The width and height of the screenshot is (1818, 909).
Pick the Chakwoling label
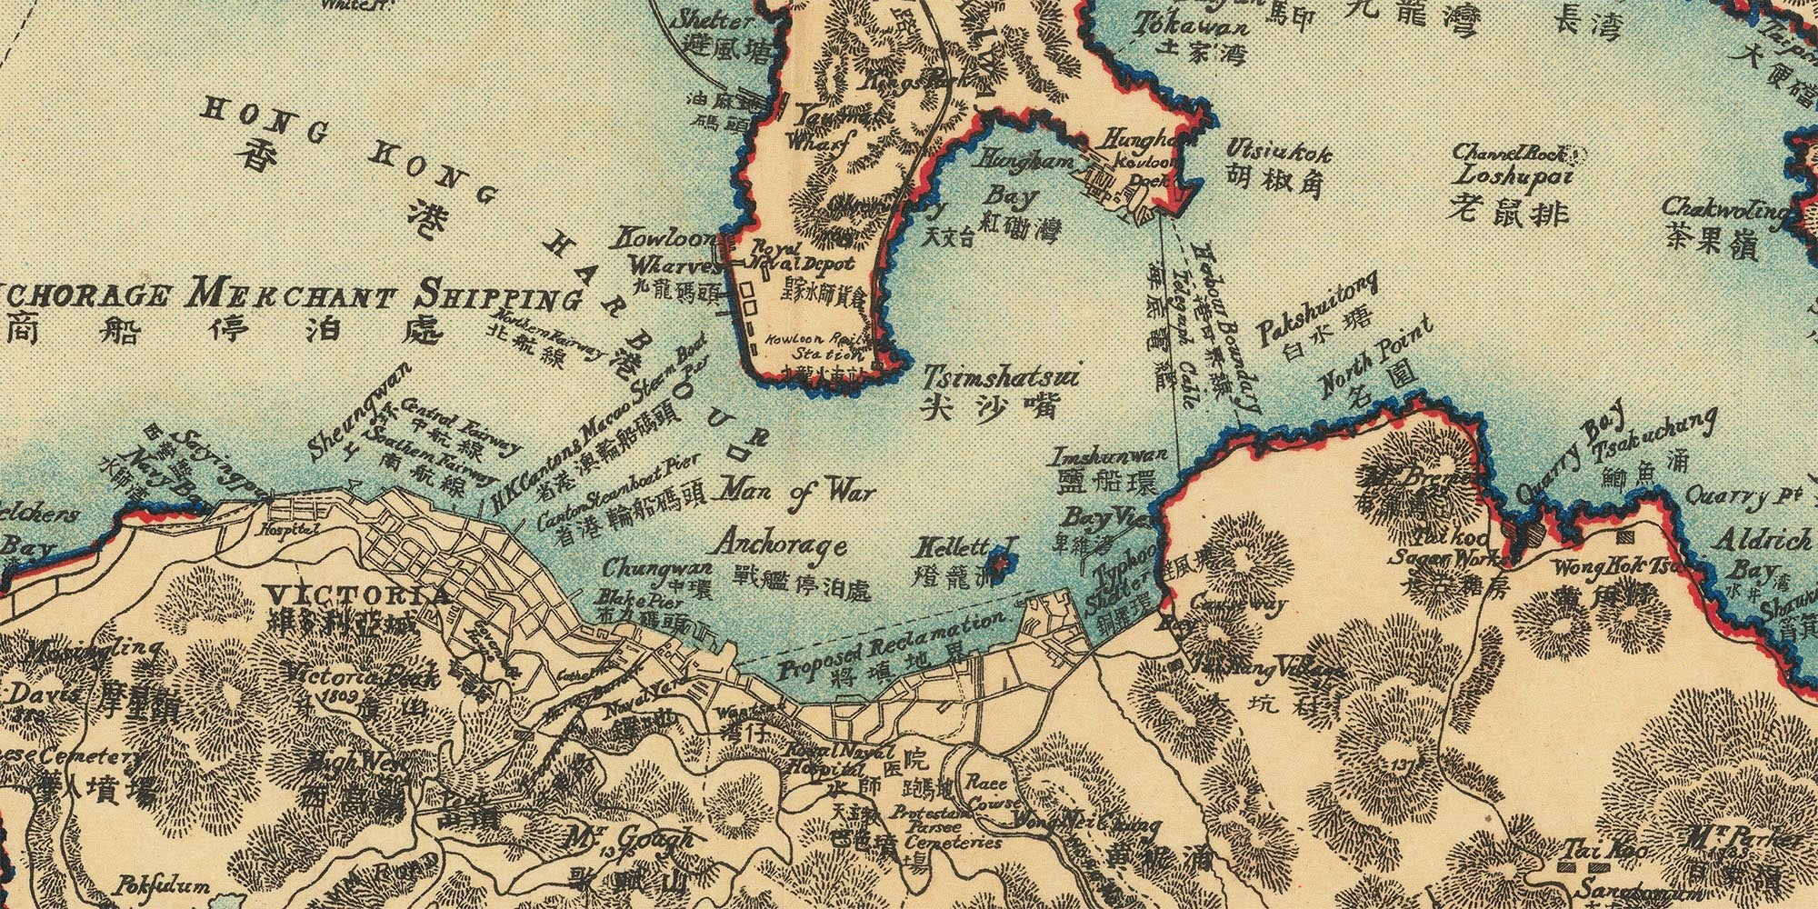click(1724, 209)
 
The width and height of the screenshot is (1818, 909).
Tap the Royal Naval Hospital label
click(832, 760)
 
